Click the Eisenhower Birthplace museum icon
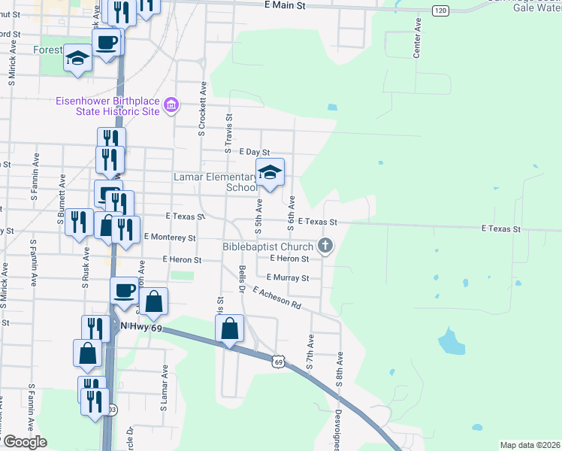tap(171, 105)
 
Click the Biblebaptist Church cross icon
tap(325, 246)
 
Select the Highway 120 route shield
tap(440, 10)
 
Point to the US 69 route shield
tap(279, 362)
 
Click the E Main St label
tap(286, 5)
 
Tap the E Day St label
tap(254, 152)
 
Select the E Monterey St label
tap(169, 237)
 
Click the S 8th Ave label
tap(340, 370)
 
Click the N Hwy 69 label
tap(141, 326)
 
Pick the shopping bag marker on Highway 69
tap(229, 329)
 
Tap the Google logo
tap(25, 442)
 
